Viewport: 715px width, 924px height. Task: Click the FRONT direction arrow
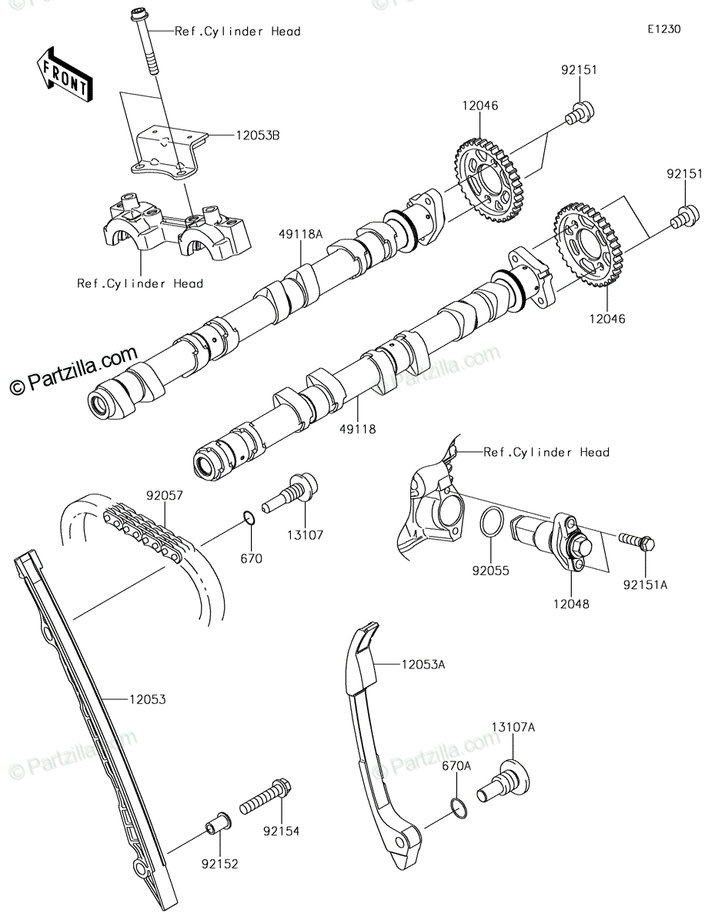65,75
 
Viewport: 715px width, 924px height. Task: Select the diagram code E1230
664,29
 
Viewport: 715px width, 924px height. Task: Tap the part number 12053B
258,136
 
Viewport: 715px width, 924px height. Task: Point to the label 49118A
301,234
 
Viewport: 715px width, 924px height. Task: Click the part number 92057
165,495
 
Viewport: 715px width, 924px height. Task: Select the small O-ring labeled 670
250,519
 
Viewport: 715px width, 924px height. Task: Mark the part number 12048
571,604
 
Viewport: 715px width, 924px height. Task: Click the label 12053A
423,665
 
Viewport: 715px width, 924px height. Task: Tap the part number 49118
358,429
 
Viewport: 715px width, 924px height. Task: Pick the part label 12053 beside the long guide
148,699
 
